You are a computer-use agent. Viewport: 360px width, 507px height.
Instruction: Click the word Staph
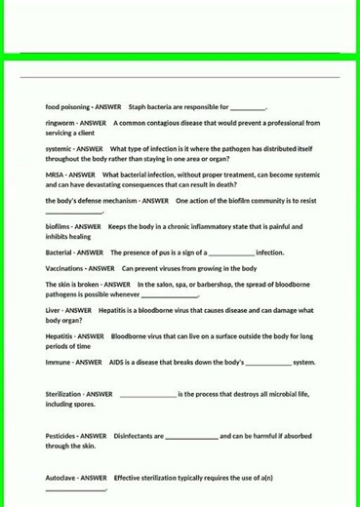pos(137,106)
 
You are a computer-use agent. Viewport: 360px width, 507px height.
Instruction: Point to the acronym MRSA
pos(55,175)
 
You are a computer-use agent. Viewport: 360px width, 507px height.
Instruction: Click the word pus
pos(170,252)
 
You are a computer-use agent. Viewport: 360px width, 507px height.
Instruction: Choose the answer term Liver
pos(54,310)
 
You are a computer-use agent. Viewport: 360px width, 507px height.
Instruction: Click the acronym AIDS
pos(118,362)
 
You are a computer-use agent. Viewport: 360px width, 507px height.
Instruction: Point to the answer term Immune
pos(58,362)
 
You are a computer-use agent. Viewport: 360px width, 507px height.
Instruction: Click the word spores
pos(85,403)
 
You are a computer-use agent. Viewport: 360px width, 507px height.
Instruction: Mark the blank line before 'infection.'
pos(231,253)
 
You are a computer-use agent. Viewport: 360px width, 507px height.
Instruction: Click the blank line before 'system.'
pos(267,363)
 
